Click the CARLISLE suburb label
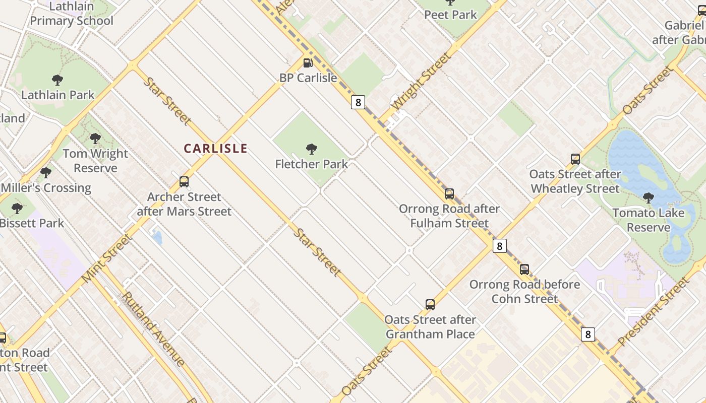pos(215,149)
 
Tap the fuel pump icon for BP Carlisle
pos(308,63)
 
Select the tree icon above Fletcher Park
pos(312,149)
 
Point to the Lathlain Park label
pos(58,95)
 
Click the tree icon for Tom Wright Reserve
pos(95,139)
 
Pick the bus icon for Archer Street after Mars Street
pos(184,182)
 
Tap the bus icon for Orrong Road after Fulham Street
pos(449,193)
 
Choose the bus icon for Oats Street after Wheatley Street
pos(575,159)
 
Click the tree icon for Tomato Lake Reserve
pos(649,198)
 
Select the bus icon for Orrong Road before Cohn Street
pos(524,270)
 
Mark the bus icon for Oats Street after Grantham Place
pos(430,305)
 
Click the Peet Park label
pos(450,15)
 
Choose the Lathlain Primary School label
pos(71,14)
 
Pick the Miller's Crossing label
pos(46,188)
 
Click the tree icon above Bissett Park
pos(17,208)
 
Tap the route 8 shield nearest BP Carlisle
pos(358,102)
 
